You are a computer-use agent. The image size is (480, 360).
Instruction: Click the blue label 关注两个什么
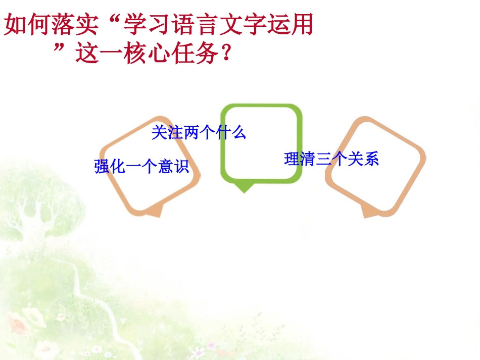tap(199, 133)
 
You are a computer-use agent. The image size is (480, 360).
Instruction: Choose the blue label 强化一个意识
tap(141, 166)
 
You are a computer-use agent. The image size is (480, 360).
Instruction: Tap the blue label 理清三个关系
tap(331, 159)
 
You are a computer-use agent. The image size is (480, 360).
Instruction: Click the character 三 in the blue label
tap(323, 159)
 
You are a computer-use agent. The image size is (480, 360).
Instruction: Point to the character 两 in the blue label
tap(191, 133)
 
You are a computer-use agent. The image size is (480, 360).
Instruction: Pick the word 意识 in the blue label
tap(173, 166)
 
